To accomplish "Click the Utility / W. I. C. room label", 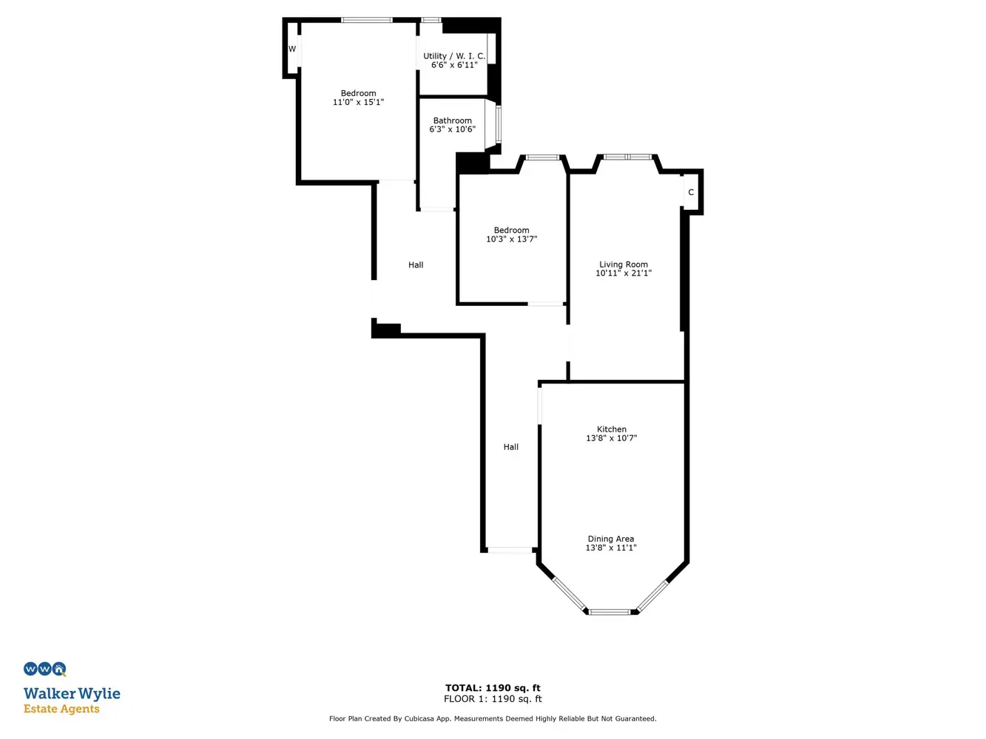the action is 454,56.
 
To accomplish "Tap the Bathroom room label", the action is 453,120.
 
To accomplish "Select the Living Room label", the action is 624,265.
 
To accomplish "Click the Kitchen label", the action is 612,429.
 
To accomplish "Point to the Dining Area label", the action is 611,539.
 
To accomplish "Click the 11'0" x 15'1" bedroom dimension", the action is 359,102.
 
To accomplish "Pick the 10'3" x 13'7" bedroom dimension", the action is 512,239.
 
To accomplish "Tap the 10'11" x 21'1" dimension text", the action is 624,273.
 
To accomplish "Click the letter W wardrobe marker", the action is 292,50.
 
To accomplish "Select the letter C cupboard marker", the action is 691,192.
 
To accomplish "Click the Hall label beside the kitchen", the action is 510,447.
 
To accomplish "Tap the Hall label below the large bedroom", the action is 416,265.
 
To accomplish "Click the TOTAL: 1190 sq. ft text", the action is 493,688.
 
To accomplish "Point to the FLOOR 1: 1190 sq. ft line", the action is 493,699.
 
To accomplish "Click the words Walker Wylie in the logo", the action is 72,694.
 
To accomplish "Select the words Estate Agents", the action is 61,709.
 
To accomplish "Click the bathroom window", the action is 498,124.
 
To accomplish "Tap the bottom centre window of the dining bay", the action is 610,612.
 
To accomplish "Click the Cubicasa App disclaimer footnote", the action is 493,719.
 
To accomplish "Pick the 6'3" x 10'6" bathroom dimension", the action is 453,129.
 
